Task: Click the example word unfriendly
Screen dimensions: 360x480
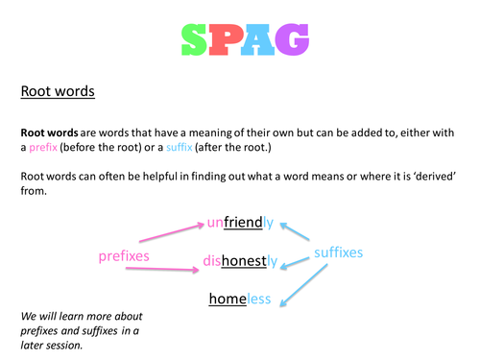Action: (x=240, y=224)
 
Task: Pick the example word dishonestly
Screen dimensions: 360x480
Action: (x=240, y=260)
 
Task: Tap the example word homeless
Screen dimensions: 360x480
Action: (x=240, y=300)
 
